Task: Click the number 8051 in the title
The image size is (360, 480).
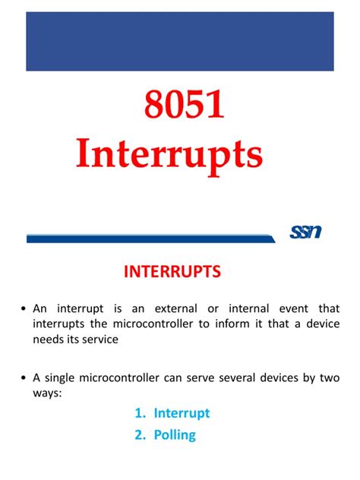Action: (x=179, y=107)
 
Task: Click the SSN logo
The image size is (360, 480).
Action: (x=305, y=231)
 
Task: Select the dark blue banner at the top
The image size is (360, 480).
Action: (x=179, y=41)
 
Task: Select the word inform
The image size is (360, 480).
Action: (x=229, y=324)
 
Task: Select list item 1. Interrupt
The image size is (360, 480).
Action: (x=172, y=413)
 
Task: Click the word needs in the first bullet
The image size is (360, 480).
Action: (x=49, y=339)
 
